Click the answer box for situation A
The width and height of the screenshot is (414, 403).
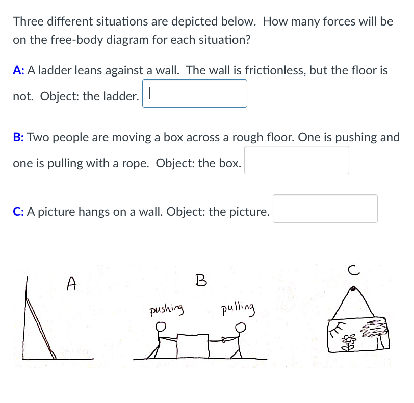[195, 94]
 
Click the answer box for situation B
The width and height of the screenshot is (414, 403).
[296, 161]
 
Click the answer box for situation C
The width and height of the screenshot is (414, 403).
[325, 209]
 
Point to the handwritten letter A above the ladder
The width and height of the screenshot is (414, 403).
[72, 283]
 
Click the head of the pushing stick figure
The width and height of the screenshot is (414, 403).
[161, 326]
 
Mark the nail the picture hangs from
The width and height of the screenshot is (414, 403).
[353, 289]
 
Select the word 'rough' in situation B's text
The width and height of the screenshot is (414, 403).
[249, 137]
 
